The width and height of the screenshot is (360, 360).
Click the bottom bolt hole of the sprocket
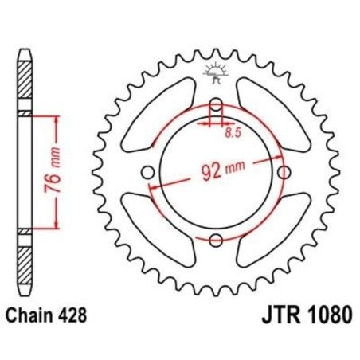click(214, 239)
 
